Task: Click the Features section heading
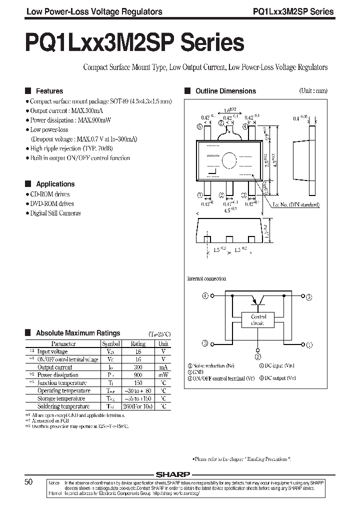[49, 91]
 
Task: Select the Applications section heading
[55, 184]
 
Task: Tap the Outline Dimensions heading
[225, 91]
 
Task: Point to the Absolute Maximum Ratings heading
[78, 332]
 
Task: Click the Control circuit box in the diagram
[258, 320]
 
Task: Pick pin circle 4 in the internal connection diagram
[205, 296]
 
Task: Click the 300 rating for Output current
[138, 367]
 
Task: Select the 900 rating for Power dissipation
[138, 375]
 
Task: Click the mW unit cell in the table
[163, 375]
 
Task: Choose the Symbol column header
[111, 344]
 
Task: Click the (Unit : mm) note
[313, 91]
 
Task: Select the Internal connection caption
[206, 278]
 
